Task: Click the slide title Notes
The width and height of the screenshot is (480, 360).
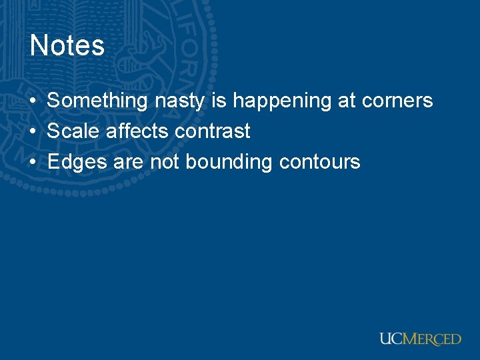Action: coord(67,46)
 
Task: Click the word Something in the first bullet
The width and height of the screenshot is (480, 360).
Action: coord(97,101)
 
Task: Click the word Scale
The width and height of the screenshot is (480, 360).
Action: coord(74,131)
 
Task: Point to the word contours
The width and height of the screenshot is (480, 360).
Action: coord(320,162)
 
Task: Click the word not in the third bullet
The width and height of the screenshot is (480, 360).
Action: coord(165,162)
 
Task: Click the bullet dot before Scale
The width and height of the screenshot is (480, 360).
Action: coord(33,132)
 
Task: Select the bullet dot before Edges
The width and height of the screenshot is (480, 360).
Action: coord(33,163)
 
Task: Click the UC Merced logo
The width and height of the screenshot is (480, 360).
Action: coord(420,339)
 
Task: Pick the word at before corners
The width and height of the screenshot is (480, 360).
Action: coord(346,101)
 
